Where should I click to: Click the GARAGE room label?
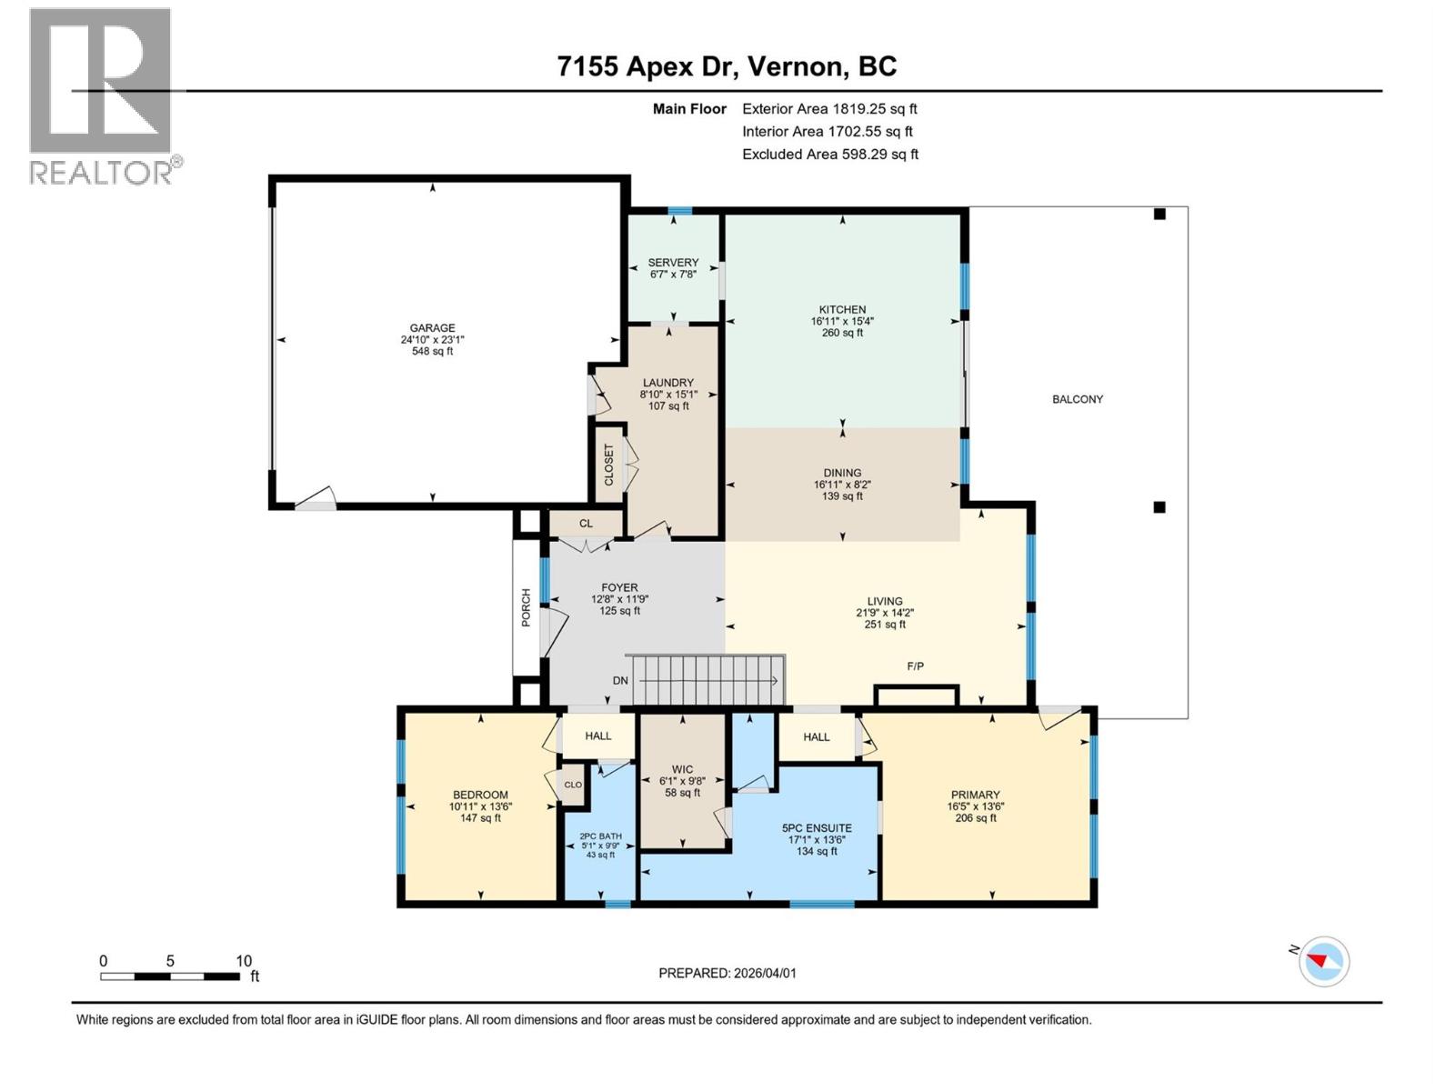coord(432,329)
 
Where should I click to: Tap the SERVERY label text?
coord(673,263)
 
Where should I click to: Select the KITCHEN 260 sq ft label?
coord(842,321)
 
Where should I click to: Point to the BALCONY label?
coord(1078,399)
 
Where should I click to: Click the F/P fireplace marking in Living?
coord(916,666)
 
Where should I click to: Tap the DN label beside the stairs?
coord(620,680)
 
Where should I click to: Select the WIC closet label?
coord(682,770)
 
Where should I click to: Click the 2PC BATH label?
coord(601,836)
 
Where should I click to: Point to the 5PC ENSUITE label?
coord(817,828)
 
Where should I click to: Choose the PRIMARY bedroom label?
coord(975,795)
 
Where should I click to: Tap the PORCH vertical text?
coord(526,607)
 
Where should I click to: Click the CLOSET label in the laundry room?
coord(609,464)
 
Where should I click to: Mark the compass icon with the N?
coord(1323,961)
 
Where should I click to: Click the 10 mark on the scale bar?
coord(243,961)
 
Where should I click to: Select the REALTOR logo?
coord(102,95)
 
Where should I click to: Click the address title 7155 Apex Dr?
coord(727,66)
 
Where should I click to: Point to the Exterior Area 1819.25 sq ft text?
coord(829,108)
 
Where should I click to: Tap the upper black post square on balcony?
coord(1159,215)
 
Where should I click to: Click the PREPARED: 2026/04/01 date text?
coord(727,973)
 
